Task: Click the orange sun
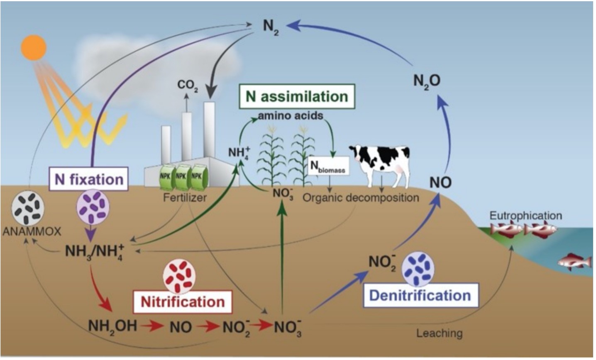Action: click(x=34, y=48)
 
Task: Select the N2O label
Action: click(x=427, y=81)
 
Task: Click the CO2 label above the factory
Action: click(x=188, y=85)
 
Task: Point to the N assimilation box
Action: click(x=296, y=96)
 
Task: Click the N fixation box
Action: click(x=88, y=179)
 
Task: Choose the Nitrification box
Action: click(x=183, y=301)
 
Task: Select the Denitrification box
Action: click(x=420, y=296)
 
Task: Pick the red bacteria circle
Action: click(x=179, y=276)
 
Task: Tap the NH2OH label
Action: click(x=112, y=326)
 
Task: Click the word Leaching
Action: click(x=439, y=333)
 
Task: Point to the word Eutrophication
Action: click(x=525, y=216)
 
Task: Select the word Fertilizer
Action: click(x=185, y=198)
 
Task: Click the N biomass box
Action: click(x=328, y=167)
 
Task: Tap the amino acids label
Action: click(x=290, y=115)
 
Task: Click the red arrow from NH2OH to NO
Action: click(x=151, y=326)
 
